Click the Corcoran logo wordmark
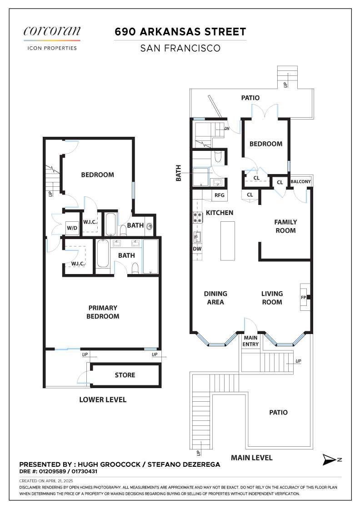52,31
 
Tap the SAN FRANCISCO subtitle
180,48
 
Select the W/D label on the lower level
72,227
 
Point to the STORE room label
125,375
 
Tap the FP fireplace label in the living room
304,297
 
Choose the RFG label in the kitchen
220,195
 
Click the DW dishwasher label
197,249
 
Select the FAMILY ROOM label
285,226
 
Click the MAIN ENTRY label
251,341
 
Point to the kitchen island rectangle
228,241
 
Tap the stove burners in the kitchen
198,218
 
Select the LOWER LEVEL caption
103,400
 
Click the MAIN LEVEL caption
252,458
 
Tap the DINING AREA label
215,298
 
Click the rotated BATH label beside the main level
179,173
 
